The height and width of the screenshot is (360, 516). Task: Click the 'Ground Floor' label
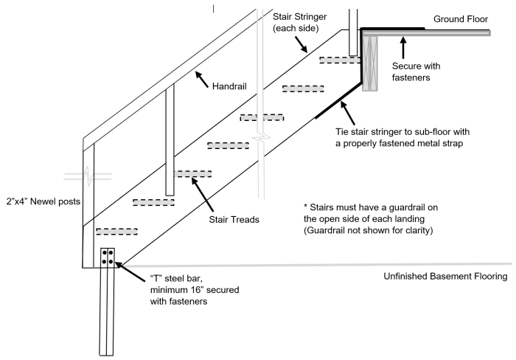point(461,18)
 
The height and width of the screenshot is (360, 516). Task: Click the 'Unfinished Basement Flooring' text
point(446,277)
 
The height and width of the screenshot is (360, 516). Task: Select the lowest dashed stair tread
point(116,231)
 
